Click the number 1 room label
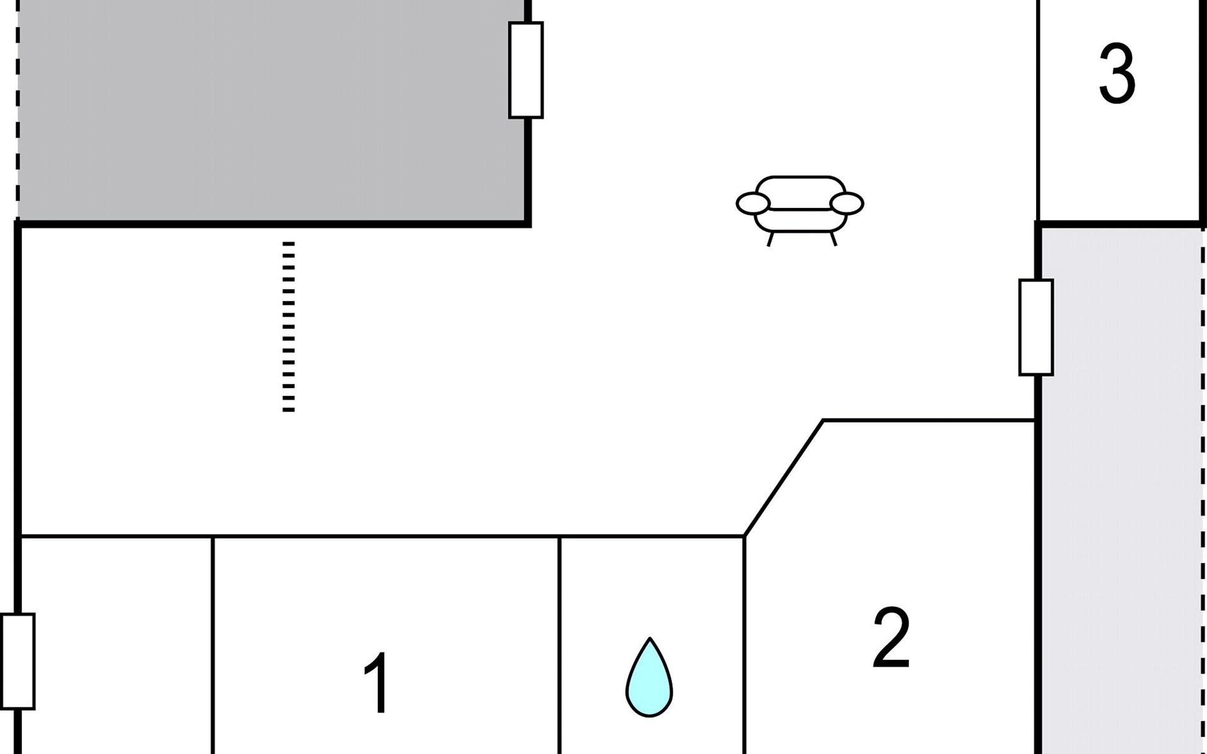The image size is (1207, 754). point(378,684)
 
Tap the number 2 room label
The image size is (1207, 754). point(891,638)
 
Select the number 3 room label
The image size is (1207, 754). point(1117,74)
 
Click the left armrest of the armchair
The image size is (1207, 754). point(752,204)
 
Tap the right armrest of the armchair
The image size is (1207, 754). point(847,204)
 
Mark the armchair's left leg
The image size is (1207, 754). point(769,239)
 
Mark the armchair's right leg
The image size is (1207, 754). point(834,239)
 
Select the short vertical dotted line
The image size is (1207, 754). point(289,327)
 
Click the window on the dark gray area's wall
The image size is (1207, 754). point(526,70)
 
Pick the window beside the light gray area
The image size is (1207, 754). point(1035,327)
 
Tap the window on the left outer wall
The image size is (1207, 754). point(18,661)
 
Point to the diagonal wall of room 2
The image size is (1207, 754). point(783,478)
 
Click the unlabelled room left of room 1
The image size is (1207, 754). point(116,647)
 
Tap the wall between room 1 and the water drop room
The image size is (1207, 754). point(559,647)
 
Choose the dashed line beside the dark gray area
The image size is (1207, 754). point(18,110)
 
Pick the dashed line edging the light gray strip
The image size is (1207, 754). point(1203,490)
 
